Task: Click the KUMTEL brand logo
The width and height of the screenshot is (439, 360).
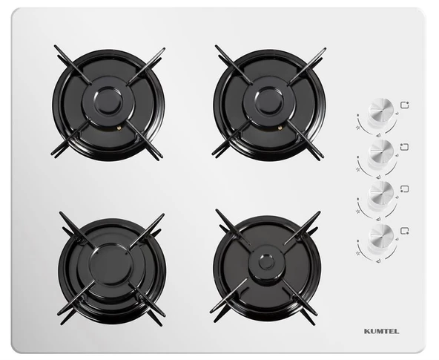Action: (382, 332)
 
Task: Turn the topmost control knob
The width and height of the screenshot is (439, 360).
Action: (381, 110)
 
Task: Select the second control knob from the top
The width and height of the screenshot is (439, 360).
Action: (381, 152)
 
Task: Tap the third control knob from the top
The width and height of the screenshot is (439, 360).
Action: (381, 194)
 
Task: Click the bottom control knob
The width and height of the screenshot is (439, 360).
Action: (381, 236)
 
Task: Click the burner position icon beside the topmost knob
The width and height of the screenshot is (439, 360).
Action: (405, 105)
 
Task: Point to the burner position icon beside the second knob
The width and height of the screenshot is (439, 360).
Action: (405, 147)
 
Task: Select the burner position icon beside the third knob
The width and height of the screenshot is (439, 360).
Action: (405, 189)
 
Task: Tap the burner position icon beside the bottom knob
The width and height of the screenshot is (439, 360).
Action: (405, 231)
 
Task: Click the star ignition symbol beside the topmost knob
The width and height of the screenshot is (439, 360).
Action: (358, 128)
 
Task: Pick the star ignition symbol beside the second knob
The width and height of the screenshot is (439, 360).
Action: (358, 169)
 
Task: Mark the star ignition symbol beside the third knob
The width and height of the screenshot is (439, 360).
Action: (358, 212)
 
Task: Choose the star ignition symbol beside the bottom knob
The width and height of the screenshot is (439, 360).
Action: (358, 253)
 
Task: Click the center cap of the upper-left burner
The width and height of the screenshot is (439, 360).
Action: (108, 102)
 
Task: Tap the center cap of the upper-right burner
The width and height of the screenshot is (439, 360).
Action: (269, 102)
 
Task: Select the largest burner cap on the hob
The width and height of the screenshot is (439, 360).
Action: (110, 266)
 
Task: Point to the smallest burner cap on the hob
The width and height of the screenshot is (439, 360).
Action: (267, 263)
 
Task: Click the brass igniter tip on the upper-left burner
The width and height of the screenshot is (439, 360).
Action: (119, 128)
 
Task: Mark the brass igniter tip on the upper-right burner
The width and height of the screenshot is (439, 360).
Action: (280, 128)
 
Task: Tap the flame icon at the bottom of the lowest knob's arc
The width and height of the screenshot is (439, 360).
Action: (379, 261)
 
